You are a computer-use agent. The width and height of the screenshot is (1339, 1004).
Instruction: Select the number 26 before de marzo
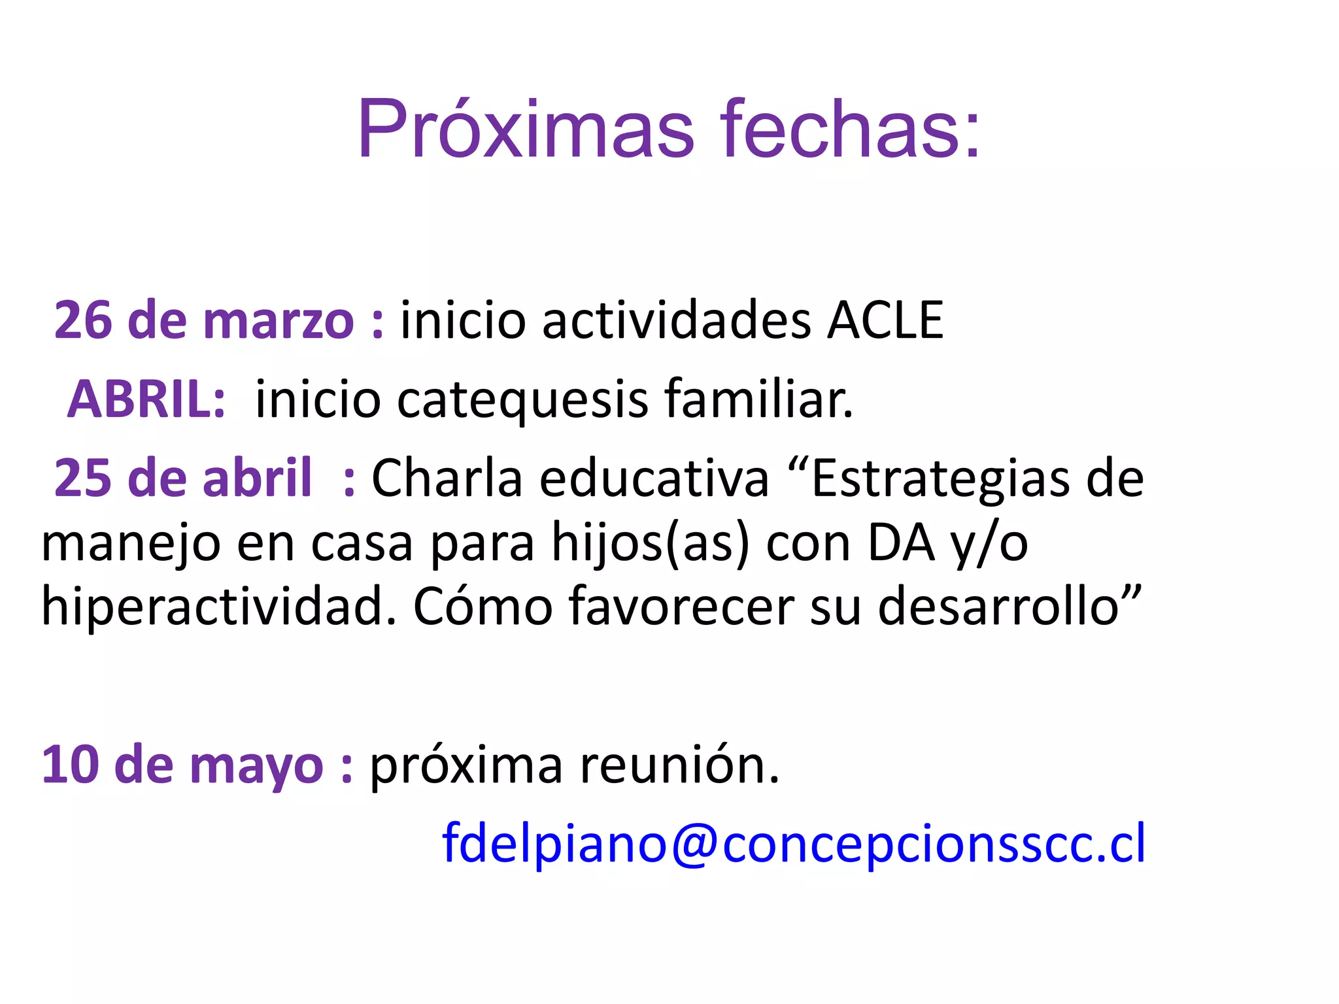(83, 320)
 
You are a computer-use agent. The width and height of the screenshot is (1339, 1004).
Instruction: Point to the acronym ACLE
(885, 320)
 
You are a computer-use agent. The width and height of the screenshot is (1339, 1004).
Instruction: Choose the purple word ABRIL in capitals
(146, 399)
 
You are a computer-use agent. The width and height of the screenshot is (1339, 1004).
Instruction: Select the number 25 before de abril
(83, 478)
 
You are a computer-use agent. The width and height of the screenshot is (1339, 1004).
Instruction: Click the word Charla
(448, 478)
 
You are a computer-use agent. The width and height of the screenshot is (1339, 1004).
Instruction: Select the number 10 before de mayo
(71, 765)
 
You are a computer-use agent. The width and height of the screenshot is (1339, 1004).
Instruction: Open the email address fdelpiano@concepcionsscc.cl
(793, 844)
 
